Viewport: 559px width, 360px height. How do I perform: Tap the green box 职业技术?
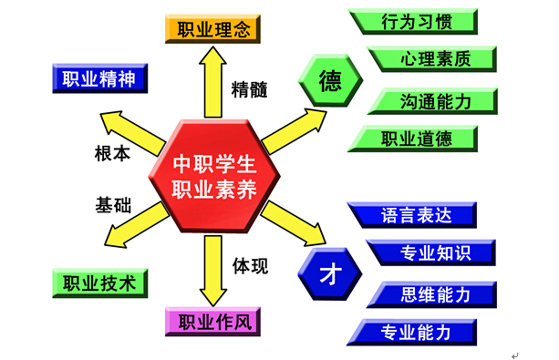(x=98, y=283)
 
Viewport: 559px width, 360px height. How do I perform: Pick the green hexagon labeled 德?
(x=329, y=81)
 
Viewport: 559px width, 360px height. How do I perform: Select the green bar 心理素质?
(x=434, y=60)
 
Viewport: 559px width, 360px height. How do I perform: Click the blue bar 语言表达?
(x=414, y=215)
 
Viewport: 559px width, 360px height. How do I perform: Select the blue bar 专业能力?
(x=415, y=333)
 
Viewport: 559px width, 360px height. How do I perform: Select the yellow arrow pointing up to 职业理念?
(x=213, y=82)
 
